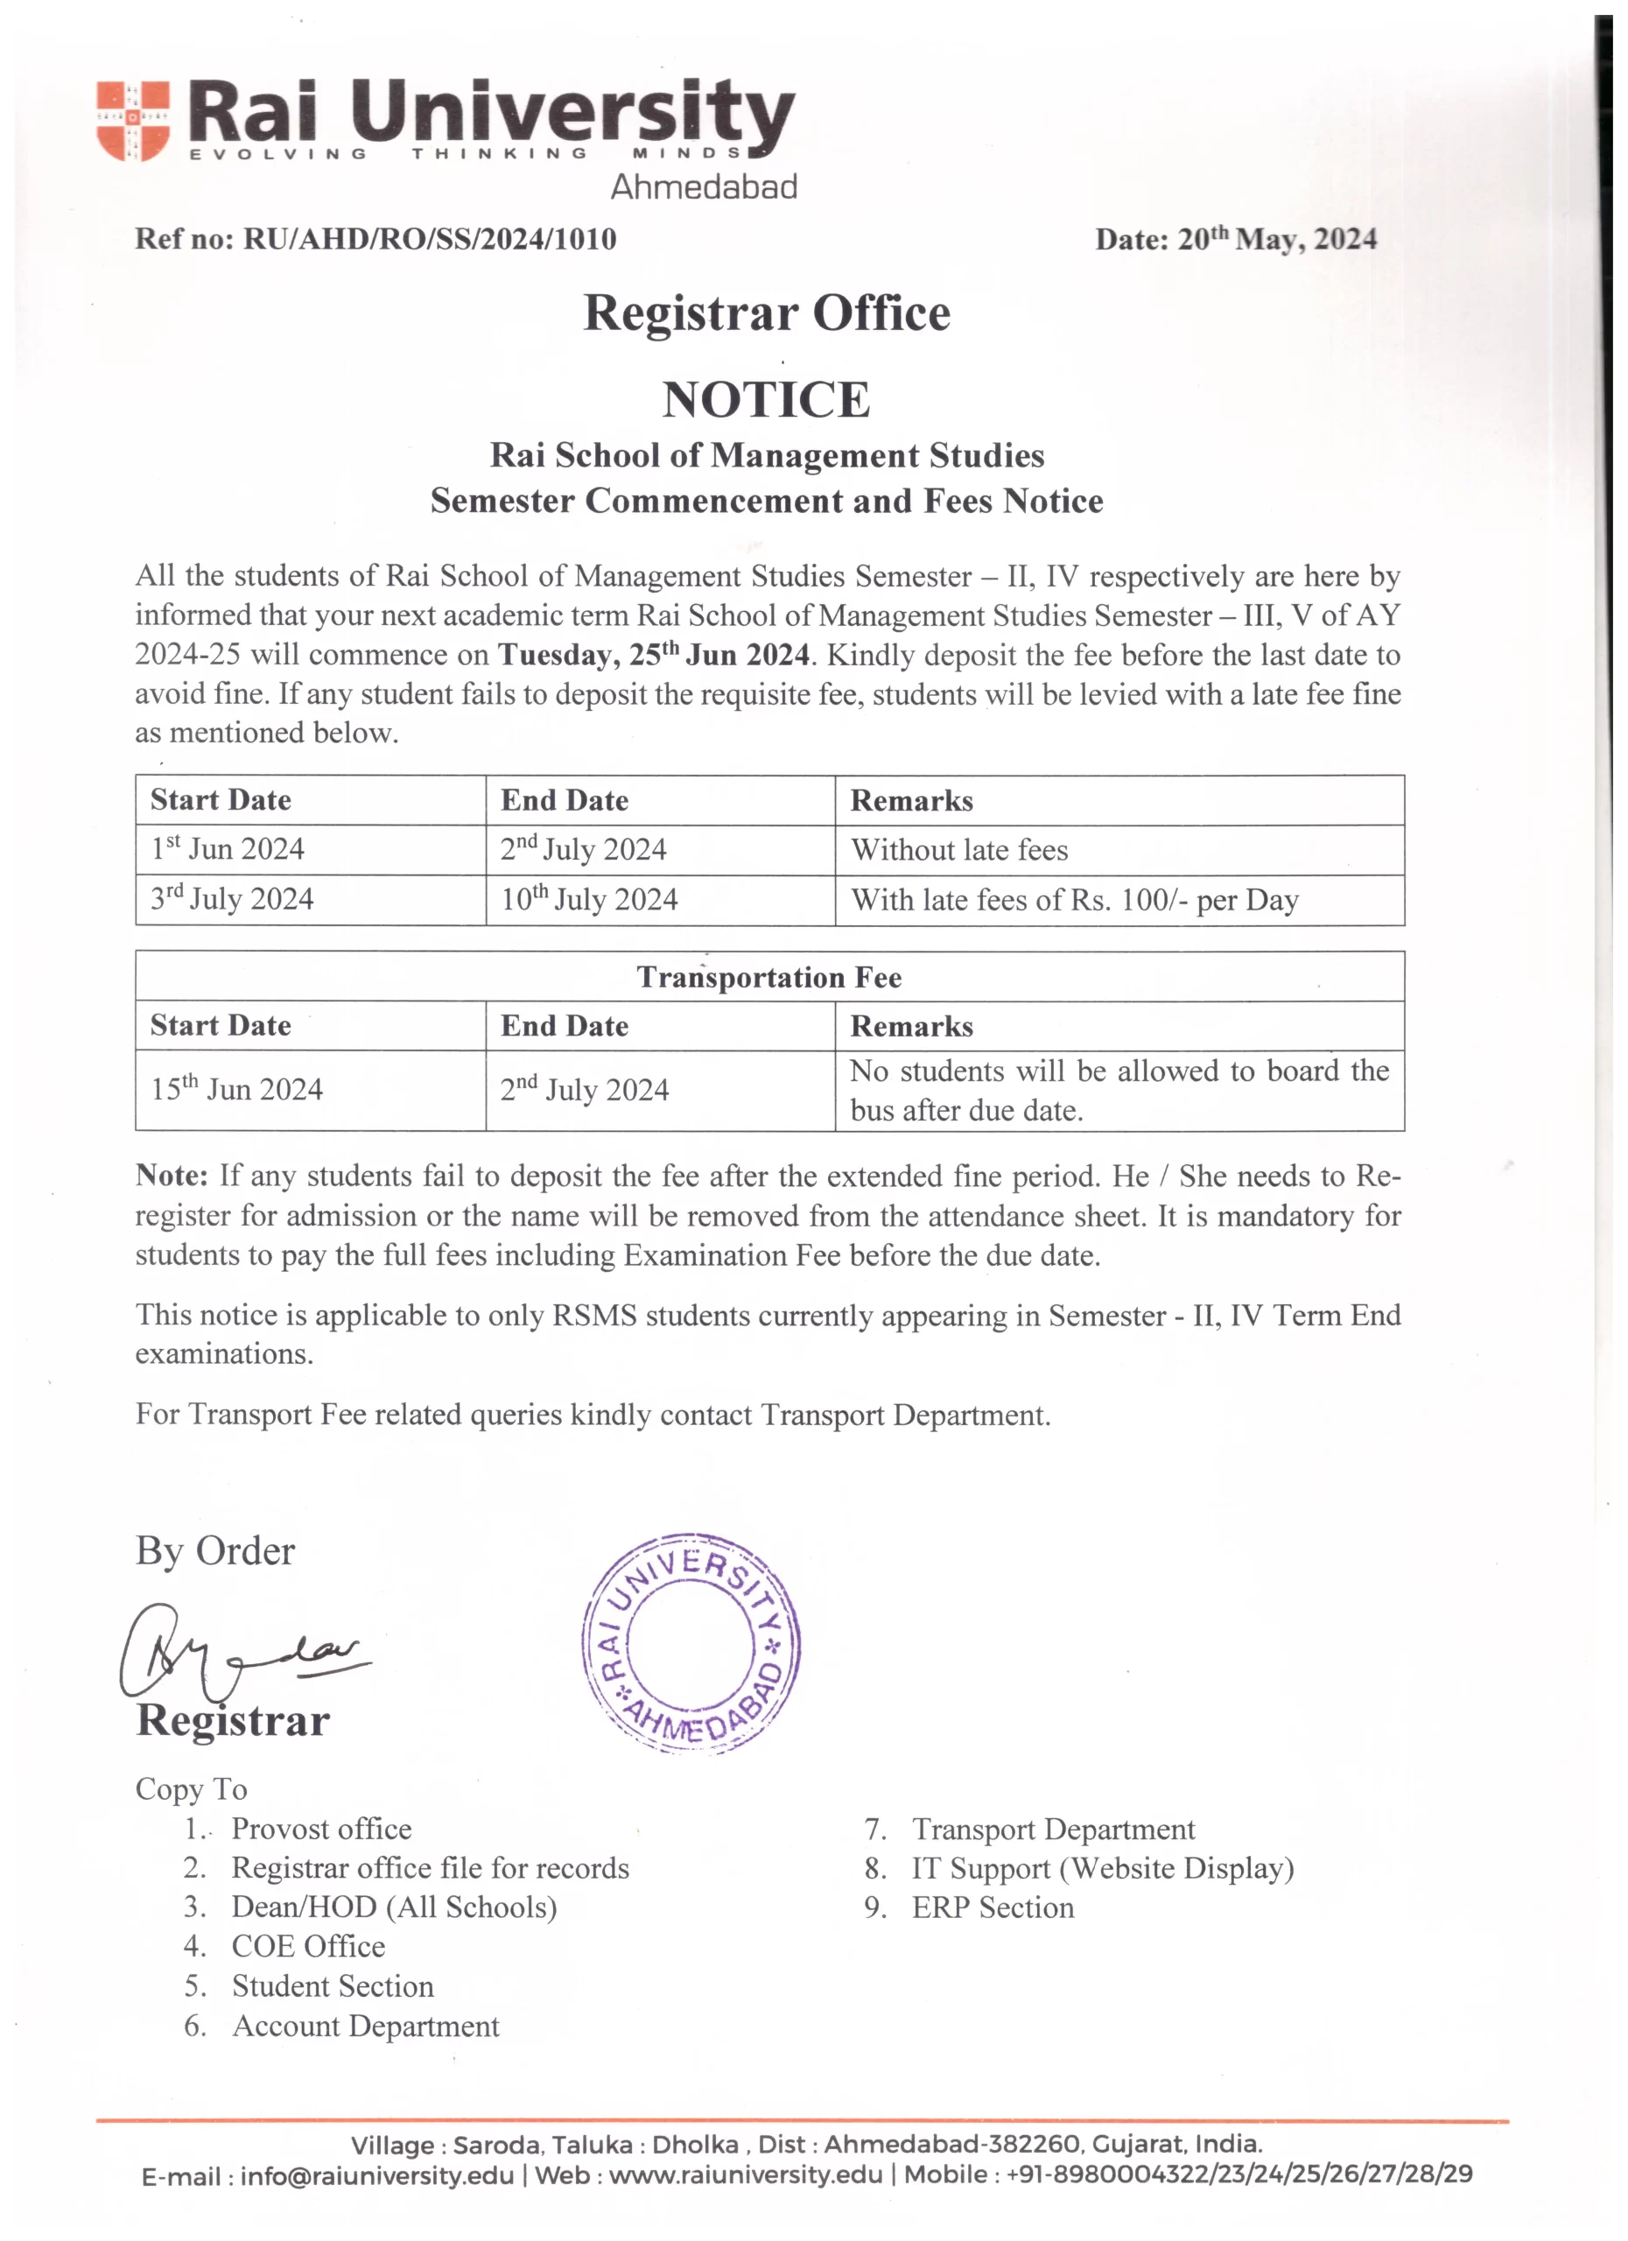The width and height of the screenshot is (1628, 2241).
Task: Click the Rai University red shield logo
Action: [132, 121]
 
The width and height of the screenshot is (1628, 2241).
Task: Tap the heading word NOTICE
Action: [767, 399]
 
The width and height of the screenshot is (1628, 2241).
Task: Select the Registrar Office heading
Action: [767, 313]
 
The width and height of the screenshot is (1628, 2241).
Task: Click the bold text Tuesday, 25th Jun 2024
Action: [653, 655]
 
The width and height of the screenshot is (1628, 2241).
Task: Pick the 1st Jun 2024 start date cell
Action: [228, 850]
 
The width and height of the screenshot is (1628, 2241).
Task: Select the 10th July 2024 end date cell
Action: [589, 899]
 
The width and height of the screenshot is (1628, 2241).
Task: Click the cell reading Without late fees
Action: [959, 851]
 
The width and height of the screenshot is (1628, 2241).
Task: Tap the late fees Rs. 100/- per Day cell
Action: [1075, 900]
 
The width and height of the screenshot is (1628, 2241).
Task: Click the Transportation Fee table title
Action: [768, 977]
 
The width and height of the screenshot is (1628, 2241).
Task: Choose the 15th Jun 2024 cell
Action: [236, 1089]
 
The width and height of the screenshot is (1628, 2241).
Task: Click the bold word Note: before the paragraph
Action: [172, 1176]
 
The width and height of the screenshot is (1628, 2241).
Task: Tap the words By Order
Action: [214, 1551]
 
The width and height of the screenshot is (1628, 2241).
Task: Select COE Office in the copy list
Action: [308, 1947]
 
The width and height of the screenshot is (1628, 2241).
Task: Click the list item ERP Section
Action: [993, 1907]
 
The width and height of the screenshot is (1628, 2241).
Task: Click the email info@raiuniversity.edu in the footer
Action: [376, 2174]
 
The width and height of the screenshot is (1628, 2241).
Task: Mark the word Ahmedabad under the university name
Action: [704, 186]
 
